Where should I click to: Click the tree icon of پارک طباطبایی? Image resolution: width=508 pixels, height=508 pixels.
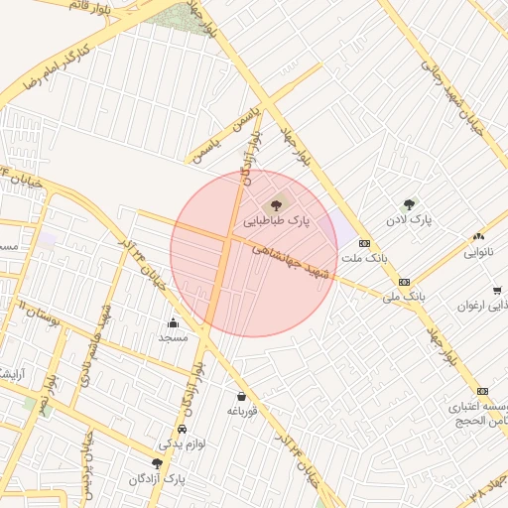275,205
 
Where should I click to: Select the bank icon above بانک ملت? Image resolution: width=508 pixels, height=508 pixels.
364,242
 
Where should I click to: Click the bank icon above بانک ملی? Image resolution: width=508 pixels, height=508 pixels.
404,282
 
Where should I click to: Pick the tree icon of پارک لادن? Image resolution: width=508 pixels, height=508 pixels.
408,203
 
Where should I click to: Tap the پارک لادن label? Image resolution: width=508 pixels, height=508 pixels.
408,219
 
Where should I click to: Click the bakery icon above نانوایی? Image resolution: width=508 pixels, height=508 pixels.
479,237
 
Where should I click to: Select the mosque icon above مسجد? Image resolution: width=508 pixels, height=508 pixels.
173,321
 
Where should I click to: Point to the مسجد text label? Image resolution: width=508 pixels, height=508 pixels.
173,337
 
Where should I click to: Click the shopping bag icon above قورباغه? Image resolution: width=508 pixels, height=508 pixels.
241,396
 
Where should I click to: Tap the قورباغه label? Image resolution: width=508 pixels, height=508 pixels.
242,411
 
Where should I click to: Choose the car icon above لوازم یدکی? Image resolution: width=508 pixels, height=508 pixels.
183,430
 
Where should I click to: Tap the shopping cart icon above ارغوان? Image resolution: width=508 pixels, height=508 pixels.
496,291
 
